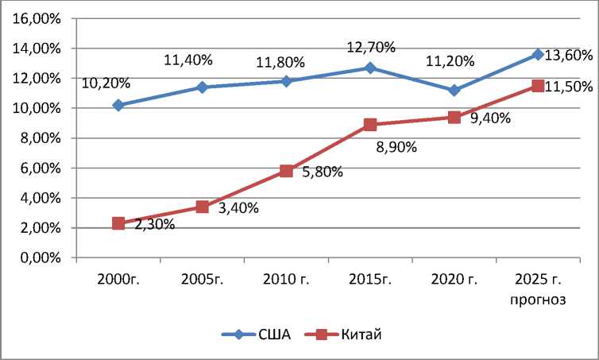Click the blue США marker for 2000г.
coord(118,105)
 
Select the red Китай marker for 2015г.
coord(370,125)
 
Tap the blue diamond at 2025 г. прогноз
coord(538,54)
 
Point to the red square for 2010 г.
coord(286,171)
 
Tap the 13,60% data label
coord(569,56)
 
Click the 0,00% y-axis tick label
coord(41,258)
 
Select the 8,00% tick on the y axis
coord(41,138)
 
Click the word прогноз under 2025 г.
coord(538,300)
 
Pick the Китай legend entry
coord(363,335)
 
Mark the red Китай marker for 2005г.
coord(203,207)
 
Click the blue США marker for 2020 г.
coord(454,91)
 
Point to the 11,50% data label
coord(569,85)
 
